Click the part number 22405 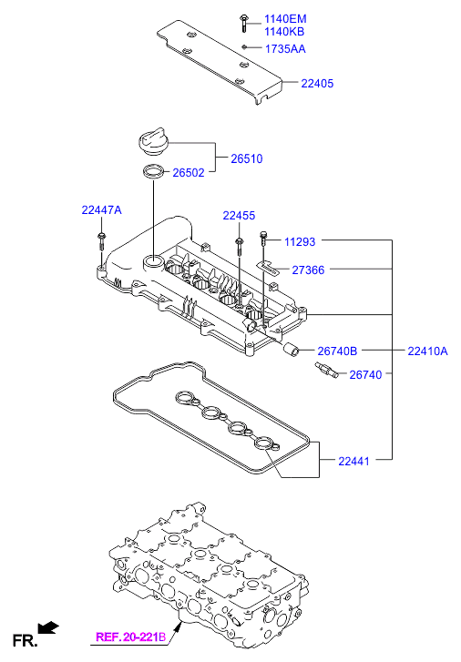pos(317,83)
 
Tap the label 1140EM pos(285,19)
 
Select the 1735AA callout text pos(285,49)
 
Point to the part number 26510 pos(247,158)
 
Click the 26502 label pos(189,173)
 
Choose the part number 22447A pos(101,209)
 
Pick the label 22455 pos(240,216)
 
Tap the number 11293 pos(300,242)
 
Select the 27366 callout pos(308,270)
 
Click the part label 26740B pos(337,351)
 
